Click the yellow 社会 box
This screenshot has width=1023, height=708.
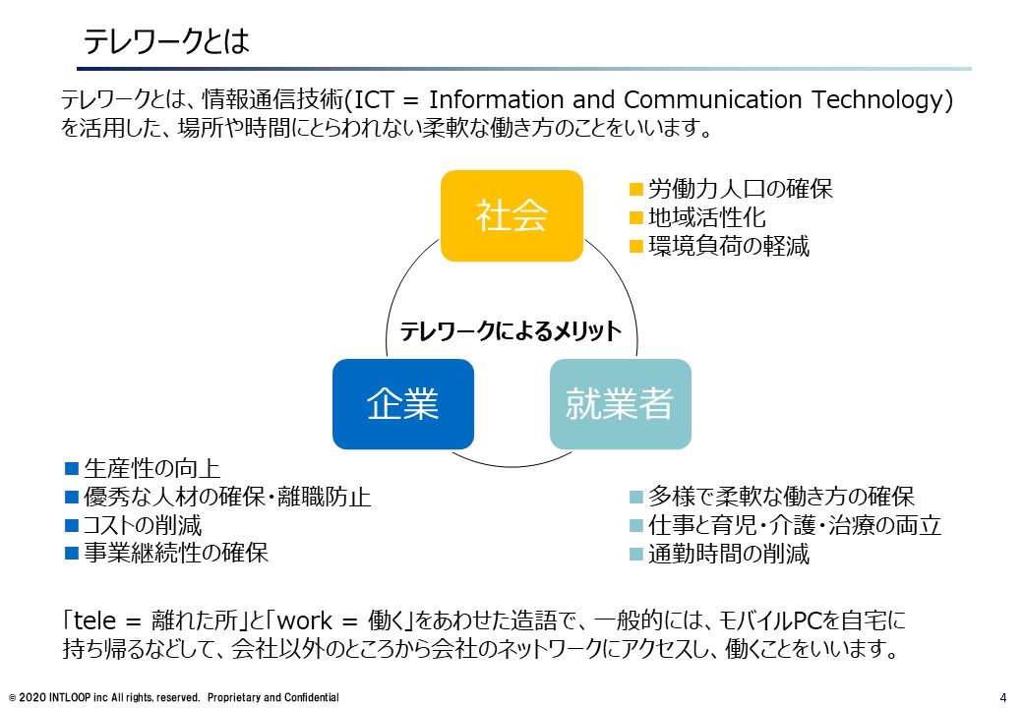coord(511,215)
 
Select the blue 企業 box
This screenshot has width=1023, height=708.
coord(403,403)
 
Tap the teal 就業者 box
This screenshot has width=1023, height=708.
coord(621,403)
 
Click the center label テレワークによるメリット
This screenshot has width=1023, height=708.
coord(511,331)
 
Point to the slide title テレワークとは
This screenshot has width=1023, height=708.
coord(166,41)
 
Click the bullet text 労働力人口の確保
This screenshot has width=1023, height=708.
coord(741,189)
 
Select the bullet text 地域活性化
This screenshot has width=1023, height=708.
coord(706,217)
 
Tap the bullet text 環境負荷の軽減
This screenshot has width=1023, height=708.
coord(729,247)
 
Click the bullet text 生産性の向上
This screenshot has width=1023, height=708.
coord(152,468)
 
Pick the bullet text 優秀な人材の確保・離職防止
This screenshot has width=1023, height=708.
coord(227,497)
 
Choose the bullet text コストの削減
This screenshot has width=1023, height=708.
coord(143,525)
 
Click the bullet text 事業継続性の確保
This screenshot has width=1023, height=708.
coord(176,553)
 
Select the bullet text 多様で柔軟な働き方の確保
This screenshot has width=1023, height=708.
coord(781,497)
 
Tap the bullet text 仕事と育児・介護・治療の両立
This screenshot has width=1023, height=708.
coord(795,525)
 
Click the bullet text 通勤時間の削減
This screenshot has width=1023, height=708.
coord(729,554)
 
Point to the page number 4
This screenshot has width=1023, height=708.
coord(1003,697)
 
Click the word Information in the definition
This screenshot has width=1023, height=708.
coord(496,99)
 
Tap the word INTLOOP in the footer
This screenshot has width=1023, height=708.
coord(70,697)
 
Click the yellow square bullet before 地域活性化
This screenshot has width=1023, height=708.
coord(636,217)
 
